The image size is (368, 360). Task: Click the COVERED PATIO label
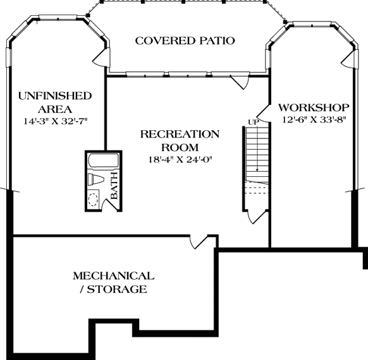[x=185, y=41]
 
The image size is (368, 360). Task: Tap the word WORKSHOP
[x=314, y=107]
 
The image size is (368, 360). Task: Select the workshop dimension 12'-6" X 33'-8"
[x=314, y=119]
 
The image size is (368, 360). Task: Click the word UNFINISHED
[x=55, y=96]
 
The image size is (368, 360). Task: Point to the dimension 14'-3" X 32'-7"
[x=55, y=120]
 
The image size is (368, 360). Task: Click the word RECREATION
[x=180, y=134]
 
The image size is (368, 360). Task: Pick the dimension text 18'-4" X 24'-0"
[x=180, y=159]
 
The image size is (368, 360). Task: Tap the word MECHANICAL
[x=113, y=276]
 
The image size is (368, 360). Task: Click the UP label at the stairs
[x=253, y=121]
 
